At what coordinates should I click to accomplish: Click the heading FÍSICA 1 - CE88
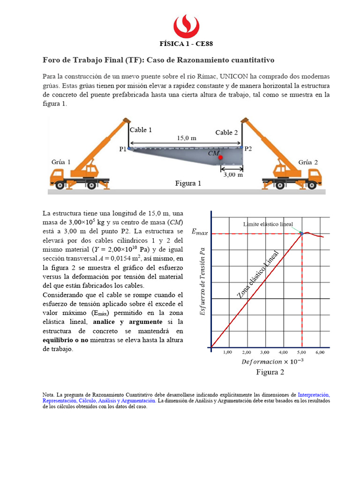tap(187, 45)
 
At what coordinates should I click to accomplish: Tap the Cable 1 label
tap(141, 130)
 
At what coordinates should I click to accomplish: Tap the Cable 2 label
tap(226, 133)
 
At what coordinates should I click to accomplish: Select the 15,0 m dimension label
tap(186, 138)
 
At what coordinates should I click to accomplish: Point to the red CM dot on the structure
tap(220, 157)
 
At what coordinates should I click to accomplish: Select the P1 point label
tap(123, 149)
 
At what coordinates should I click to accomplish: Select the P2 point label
tap(248, 149)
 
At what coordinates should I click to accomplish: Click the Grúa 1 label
tap(61, 162)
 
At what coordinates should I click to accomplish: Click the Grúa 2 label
tap(308, 162)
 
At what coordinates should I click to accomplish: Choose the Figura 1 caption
tap(188, 183)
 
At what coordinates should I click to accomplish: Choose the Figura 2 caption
tap(270, 372)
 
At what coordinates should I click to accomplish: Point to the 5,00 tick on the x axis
tap(302, 352)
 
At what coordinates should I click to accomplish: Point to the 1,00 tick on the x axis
tap(228, 352)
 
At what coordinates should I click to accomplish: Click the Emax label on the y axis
tap(200, 232)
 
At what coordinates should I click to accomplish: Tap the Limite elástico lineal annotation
tap(268, 224)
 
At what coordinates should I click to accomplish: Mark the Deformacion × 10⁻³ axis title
tap(272, 361)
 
